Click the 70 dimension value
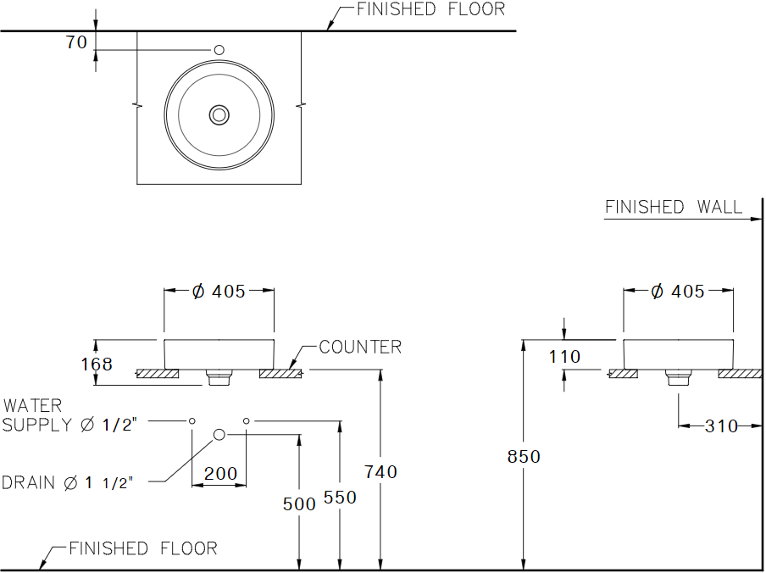tap(77, 42)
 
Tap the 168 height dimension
tap(97, 364)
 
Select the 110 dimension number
tap(564, 357)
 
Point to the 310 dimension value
tap(721, 426)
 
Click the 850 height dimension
tap(524, 457)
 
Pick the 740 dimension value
tap(381, 472)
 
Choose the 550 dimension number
tap(340, 498)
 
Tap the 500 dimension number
tap(299, 504)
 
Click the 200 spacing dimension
tap(221, 473)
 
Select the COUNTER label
tap(360, 347)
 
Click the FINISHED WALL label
tap(674, 207)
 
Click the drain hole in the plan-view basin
tap(219, 115)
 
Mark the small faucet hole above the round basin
tap(219, 50)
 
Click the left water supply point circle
tap(192, 420)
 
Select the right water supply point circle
tap(247, 420)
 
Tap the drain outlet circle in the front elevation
tap(219, 434)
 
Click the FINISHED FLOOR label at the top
tap(430, 9)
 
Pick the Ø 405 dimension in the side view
tap(678, 292)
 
